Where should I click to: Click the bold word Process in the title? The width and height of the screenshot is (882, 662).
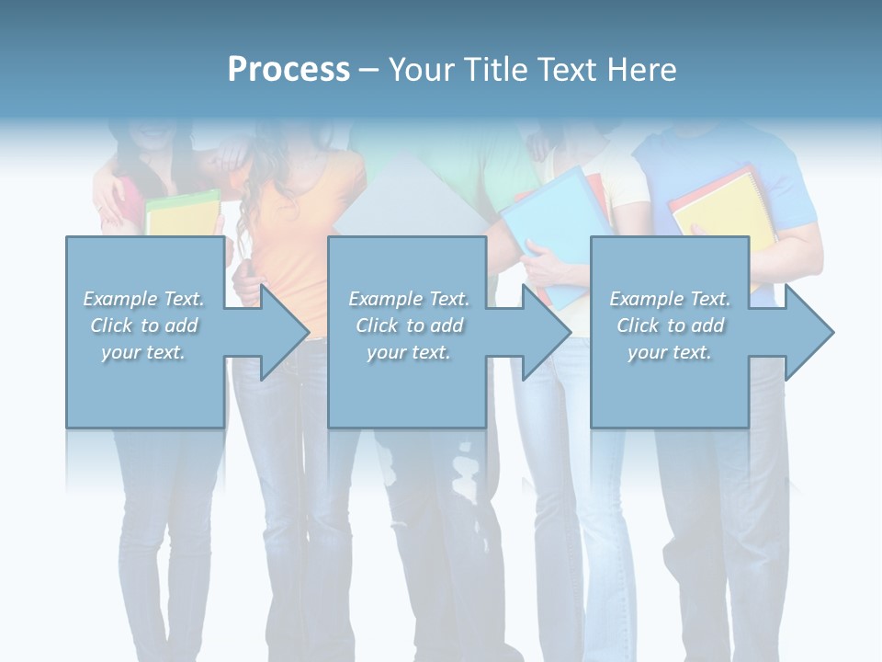pyautogui.click(x=288, y=70)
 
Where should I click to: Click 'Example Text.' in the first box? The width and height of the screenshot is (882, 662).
pyautogui.click(x=144, y=299)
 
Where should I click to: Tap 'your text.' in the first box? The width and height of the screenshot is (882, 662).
pyautogui.click(x=144, y=352)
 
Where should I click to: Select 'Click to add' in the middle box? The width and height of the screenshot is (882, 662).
pyautogui.click(x=409, y=325)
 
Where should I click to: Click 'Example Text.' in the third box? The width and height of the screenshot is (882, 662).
pyautogui.click(x=670, y=299)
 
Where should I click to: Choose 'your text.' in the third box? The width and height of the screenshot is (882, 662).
pyautogui.click(x=670, y=352)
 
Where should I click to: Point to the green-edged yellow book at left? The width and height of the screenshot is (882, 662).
pyautogui.click(x=182, y=213)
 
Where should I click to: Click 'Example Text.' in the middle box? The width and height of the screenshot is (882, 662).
pyautogui.click(x=409, y=299)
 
